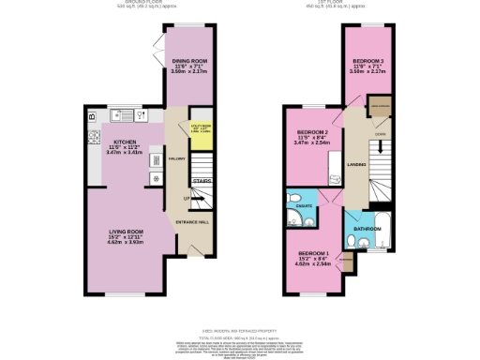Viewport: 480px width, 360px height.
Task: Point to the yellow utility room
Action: [x=203, y=132]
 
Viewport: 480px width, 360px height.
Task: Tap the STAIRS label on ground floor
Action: [x=202, y=181]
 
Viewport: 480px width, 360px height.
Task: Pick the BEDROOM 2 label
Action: [x=311, y=132]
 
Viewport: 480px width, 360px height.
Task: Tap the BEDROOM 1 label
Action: [x=312, y=254]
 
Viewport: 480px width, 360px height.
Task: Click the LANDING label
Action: [x=356, y=165]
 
